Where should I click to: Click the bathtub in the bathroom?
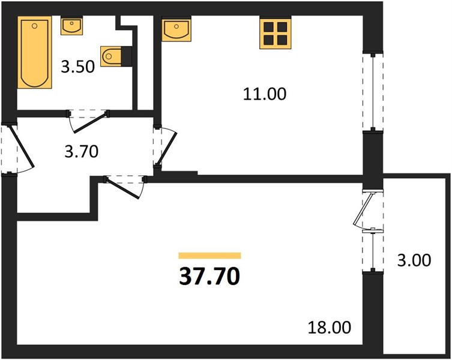pos(35,52)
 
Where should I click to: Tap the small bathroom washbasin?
pos(72,26)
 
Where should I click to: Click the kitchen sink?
pos(176,29)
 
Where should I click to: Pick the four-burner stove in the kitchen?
pos(276,32)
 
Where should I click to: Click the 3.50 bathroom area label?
pos(78,67)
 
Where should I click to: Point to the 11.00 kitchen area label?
pos(265,94)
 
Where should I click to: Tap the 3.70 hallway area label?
pos(82,152)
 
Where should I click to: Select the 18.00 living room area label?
pos(330,328)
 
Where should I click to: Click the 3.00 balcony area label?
pos(414,260)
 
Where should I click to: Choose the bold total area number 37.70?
pos(209,276)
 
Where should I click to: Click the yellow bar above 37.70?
pos(209,256)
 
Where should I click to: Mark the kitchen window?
pos(373,92)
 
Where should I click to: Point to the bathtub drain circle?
pos(35,26)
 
